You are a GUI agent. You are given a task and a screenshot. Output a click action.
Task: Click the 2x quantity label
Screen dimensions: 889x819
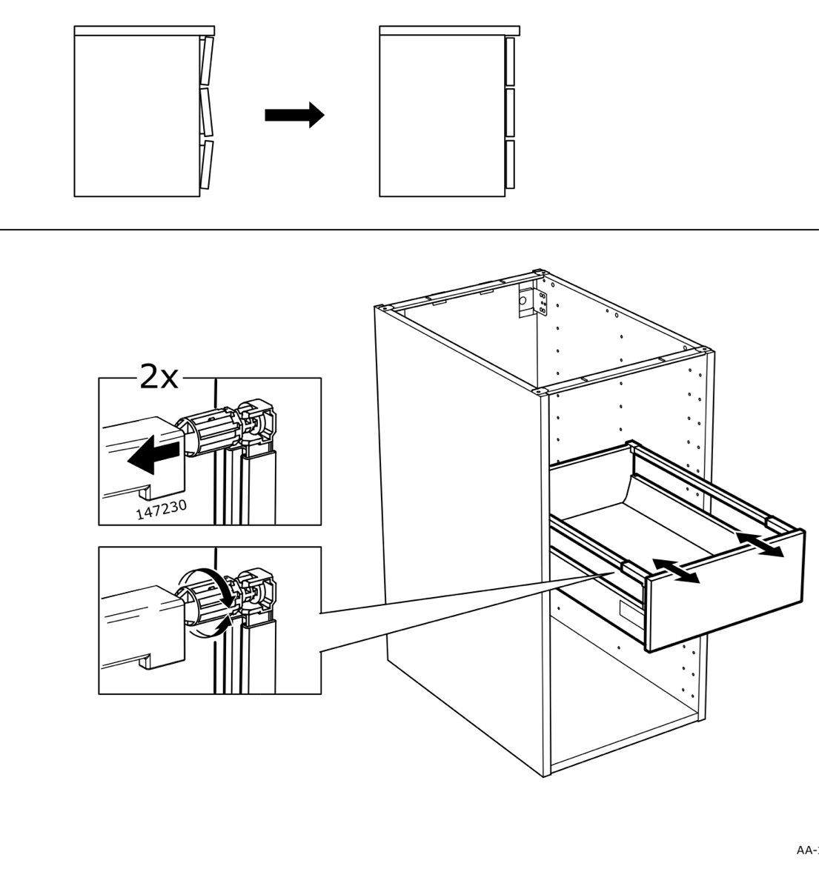coord(159,378)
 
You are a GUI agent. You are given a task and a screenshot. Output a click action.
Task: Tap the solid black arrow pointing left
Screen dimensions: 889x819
coord(153,453)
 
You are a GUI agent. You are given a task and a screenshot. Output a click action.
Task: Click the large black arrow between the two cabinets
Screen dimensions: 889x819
coord(294,115)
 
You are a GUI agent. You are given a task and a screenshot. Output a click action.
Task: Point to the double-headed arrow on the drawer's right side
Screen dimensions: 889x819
coord(759,544)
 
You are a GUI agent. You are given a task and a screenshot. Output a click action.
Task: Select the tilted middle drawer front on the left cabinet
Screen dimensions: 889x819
coord(206,113)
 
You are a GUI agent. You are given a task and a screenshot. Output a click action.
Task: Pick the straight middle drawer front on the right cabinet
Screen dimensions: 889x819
coord(509,113)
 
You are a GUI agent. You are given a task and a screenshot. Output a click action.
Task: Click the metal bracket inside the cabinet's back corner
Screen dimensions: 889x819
coord(531,299)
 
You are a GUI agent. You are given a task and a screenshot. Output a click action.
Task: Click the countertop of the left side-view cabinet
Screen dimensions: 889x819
coord(144,30)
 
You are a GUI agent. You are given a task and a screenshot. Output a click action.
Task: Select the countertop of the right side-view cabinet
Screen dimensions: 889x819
coord(449,30)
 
